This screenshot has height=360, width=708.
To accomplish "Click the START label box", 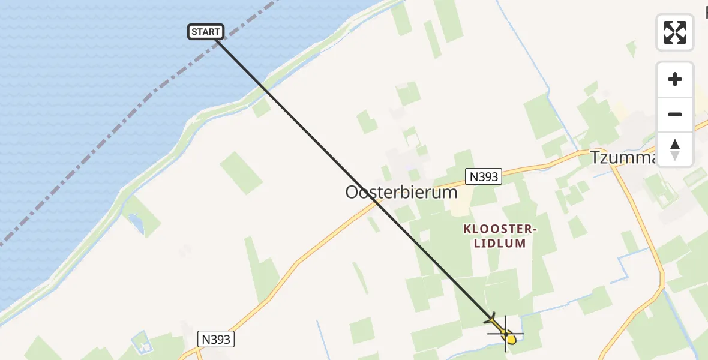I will [x=206, y=32].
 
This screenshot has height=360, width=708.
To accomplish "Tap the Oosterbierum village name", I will [x=401, y=193].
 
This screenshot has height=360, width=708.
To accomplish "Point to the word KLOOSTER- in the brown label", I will [x=499, y=229].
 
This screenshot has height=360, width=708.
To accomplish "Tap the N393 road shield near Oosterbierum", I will [x=483, y=176].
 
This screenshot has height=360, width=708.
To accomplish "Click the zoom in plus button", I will [x=675, y=80].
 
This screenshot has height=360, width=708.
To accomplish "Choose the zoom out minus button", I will [x=675, y=114].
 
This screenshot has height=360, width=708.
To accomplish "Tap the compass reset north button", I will [x=675, y=149].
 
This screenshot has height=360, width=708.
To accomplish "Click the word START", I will [x=206, y=32].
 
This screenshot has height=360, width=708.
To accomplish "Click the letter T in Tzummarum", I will [x=596, y=157].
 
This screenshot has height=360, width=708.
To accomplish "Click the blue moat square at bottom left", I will [x=142, y=343].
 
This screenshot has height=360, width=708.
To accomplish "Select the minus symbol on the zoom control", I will [x=675, y=114].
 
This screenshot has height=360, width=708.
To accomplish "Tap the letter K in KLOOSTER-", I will [x=467, y=229].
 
